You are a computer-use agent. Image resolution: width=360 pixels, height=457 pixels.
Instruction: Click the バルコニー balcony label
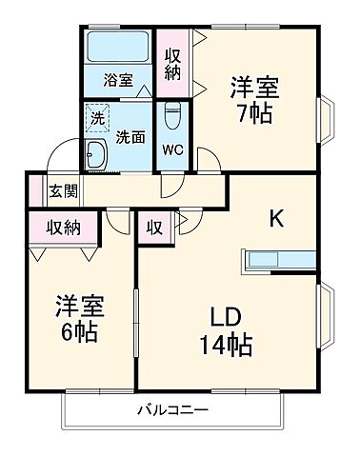[173, 409]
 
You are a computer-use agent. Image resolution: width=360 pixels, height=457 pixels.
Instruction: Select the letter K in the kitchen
[275, 219]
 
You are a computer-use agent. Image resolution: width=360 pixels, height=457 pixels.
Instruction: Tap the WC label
[171, 149]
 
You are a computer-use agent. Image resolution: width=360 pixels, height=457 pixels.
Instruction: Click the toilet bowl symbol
[171, 118]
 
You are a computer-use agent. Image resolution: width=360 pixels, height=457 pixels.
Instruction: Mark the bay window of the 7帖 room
[326, 117]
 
